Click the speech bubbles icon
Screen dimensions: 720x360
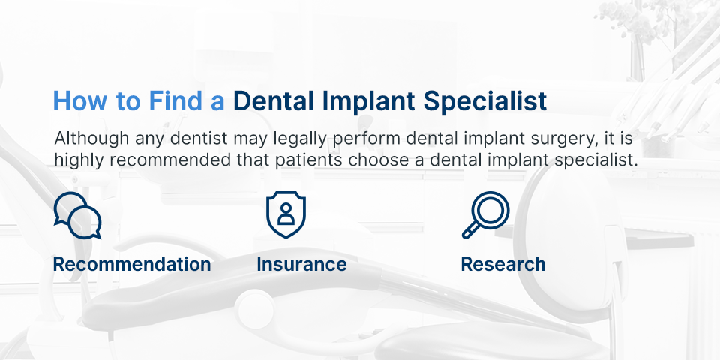[x=77, y=215]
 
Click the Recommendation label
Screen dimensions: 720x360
[x=132, y=264]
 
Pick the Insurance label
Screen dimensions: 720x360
[x=301, y=264]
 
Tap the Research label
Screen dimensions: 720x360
[x=503, y=264]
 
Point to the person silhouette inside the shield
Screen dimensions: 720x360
[x=286, y=214]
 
